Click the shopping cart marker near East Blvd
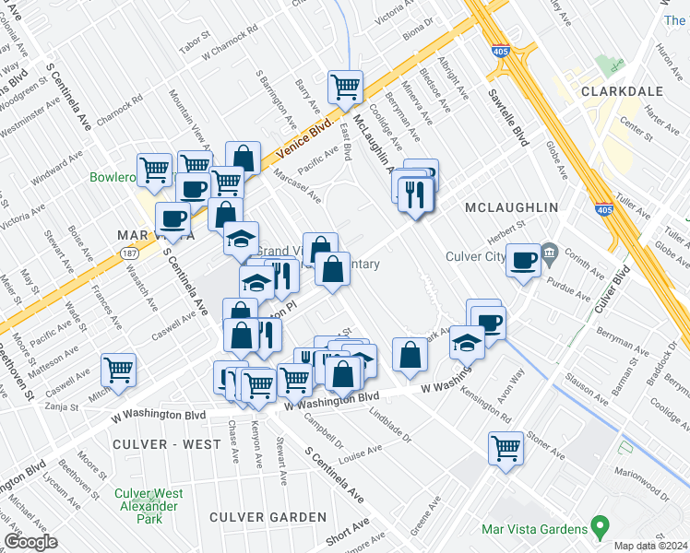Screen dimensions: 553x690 [346, 88]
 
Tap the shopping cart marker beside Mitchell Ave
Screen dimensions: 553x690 [119, 371]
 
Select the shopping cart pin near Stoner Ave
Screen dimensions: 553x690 [506, 449]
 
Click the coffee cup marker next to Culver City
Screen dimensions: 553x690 [524, 260]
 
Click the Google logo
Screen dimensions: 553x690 [30, 542]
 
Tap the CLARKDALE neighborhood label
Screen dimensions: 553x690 [617, 91]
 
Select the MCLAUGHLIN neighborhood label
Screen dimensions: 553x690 [512, 208]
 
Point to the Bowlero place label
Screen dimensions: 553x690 [113, 177]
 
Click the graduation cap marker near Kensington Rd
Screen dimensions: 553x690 [467, 344]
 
